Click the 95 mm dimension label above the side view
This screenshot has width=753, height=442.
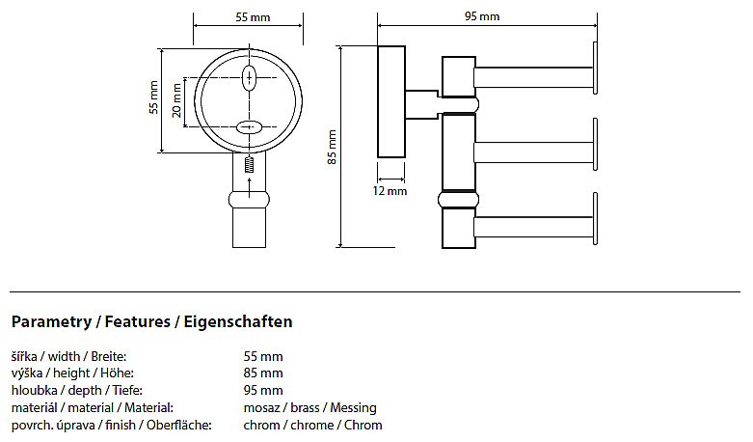tap(482, 16)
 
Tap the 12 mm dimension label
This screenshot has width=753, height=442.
tap(390, 191)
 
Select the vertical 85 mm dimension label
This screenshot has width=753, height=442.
tap(332, 147)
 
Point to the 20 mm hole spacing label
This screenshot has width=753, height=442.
tap(176, 100)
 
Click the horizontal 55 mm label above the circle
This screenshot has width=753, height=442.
tap(253, 17)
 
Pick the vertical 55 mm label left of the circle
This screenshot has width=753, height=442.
tap(153, 97)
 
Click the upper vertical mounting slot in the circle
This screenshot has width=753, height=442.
tap(249, 77)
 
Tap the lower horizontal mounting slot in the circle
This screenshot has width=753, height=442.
tap(249, 127)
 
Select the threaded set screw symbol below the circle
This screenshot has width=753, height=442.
tap(249, 165)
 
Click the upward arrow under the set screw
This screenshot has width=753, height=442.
tap(249, 187)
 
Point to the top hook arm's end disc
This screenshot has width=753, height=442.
tap(596, 68)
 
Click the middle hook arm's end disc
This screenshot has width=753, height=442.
tap(596, 144)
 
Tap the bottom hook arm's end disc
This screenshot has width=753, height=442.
tap(596, 219)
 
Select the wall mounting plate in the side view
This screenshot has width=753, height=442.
tap(391, 102)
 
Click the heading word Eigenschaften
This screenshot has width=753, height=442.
tap(238, 321)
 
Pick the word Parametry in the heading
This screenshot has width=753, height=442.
tap(51, 322)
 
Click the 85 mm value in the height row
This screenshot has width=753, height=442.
tap(263, 373)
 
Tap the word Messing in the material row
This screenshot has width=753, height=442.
tap(354, 408)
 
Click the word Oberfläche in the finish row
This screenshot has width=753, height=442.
tap(179, 425)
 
